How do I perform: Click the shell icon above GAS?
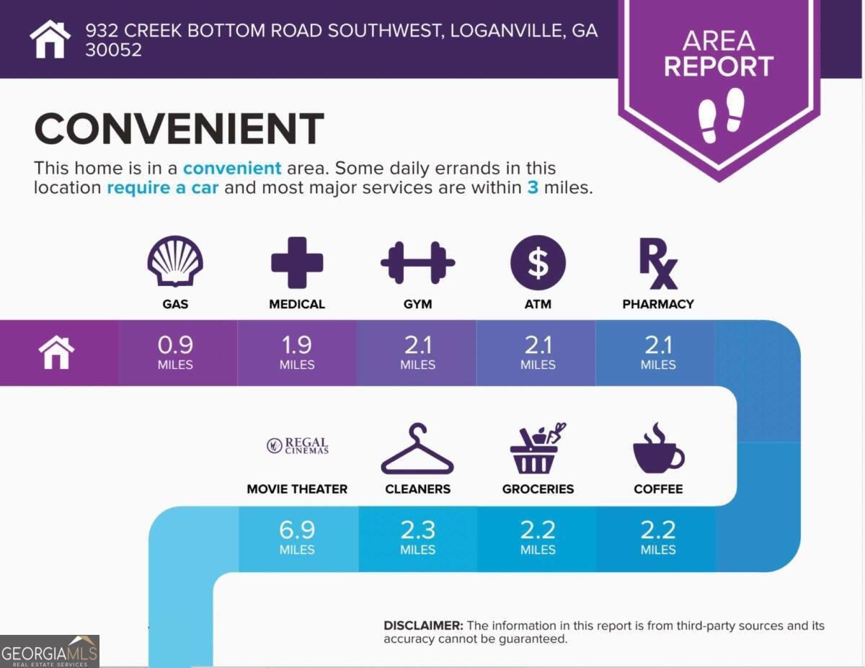(x=175, y=261)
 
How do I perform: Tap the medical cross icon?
(x=297, y=262)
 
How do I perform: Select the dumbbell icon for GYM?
(x=417, y=262)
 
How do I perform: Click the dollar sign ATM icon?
(x=538, y=262)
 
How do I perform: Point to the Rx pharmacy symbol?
(x=658, y=263)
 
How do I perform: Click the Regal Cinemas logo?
(x=298, y=445)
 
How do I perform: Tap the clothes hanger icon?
(x=417, y=448)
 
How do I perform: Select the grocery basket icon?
(x=538, y=448)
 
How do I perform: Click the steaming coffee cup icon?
(x=658, y=448)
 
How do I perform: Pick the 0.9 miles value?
(x=175, y=352)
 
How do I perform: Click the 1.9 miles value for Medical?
(x=297, y=352)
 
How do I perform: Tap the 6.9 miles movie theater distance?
(x=297, y=538)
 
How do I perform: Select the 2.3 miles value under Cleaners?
(x=417, y=538)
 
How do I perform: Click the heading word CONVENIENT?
(x=179, y=128)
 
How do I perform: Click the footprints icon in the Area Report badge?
(x=721, y=115)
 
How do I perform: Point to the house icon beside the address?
(x=50, y=39)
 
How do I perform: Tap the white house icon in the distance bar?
(x=56, y=352)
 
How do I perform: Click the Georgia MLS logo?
(x=49, y=651)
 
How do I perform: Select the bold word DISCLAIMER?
(x=423, y=625)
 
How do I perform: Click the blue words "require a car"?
(x=163, y=188)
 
